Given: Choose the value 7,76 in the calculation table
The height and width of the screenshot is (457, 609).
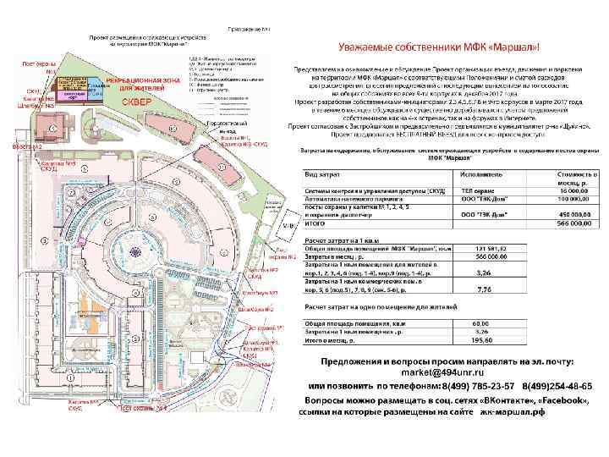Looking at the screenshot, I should tap(486, 289).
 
